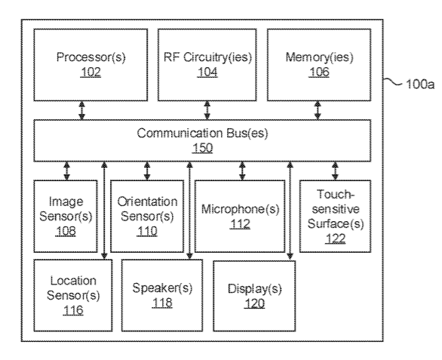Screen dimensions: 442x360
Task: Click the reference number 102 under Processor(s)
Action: pos(91,72)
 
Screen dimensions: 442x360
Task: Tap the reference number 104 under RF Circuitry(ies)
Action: pos(207,72)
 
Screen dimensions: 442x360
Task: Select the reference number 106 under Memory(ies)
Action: pos(319,72)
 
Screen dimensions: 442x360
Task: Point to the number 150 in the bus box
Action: pos(202,148)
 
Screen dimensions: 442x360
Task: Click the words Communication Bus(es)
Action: pos(202,133)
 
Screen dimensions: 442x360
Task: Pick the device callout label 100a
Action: pos(420,84)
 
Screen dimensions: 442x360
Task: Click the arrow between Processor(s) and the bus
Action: pos(81,111)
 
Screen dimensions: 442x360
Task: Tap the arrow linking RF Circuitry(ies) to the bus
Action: pos(207,111)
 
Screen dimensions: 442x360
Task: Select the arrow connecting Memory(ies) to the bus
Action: pos(318,111)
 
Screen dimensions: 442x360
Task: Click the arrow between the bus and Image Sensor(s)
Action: pos(67,171)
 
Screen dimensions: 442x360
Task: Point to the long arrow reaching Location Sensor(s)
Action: pos(104,211)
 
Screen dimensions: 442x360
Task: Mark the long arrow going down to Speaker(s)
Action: pos(190,211)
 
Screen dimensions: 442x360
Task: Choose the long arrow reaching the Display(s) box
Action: pos(290,211)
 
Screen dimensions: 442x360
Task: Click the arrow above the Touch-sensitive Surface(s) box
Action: pos(335,171)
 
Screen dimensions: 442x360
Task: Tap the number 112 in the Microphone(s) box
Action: pos(240,224)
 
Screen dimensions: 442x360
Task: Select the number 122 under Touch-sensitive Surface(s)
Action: pos(335,238)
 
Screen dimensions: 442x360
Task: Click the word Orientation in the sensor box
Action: pos(147,202)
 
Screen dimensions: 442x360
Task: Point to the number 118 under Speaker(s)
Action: pos(162,303)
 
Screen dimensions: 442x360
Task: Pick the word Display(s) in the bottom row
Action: pos(254,288)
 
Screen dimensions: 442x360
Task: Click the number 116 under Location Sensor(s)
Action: pos(73,310)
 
